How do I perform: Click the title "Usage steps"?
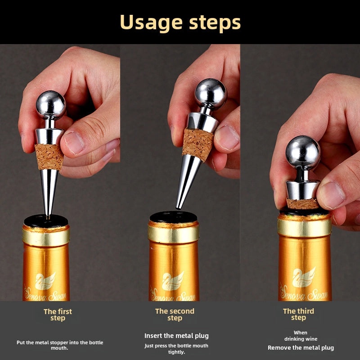pos(180,23)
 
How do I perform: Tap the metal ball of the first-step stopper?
pos(51,105)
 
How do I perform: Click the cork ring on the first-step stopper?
pos(49,157)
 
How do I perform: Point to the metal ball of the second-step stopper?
pos(211,94)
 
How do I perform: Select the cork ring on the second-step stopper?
pos(198,144)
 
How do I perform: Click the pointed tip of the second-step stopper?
pos(177,208)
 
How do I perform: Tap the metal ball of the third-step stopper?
pos(303,153)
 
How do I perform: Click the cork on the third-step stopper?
pos(302,204)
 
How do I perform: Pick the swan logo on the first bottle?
pos(45,281)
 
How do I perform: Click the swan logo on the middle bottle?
pos(173,280)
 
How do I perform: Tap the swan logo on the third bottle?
pos(303,277)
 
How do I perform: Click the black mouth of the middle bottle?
pos(174,217)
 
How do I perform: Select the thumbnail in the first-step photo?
pos(74,143)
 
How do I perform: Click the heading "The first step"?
pos(58,315)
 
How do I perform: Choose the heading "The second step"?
pos(175,315)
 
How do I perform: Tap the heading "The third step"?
pos(298,314)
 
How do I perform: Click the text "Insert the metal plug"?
pos(176,336)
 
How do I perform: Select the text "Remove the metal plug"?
pos(301,347)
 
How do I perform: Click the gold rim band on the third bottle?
pos(305,227)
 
